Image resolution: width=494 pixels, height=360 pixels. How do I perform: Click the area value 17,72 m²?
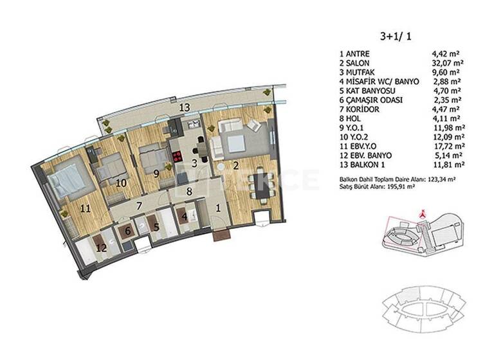[x=449, y=146]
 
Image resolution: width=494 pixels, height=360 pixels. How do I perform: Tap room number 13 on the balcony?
[x=185, y=107]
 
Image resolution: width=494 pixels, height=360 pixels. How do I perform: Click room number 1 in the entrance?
[x=219, y=207]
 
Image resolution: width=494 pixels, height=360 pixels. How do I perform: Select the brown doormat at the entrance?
[x=223, y=235]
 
